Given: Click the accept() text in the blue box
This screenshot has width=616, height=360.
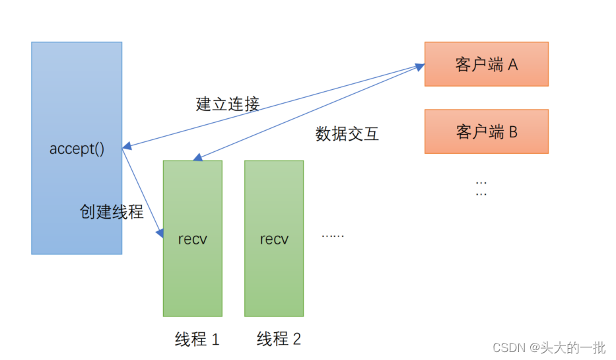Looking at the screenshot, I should (77, 149).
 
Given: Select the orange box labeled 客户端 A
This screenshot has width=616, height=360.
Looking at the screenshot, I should (486, 64).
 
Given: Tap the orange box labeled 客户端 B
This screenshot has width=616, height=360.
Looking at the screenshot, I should (486, 131).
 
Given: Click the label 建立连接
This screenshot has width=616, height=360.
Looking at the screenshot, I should (228, 104).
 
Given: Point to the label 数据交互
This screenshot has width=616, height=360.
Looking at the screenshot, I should (347, 134).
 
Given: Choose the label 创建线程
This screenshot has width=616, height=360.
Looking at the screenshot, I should (112, 212).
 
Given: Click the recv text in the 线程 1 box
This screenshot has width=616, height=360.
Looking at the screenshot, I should (192, 239).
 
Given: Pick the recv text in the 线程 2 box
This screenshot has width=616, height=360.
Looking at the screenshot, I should (274, 239).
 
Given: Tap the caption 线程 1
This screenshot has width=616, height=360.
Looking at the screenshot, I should (197, 340).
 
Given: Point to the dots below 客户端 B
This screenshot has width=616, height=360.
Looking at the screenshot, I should (481, 188).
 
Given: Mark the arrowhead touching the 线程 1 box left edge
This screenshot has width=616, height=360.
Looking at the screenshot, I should (160, 233).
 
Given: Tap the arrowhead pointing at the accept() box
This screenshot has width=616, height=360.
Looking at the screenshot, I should (126, 147).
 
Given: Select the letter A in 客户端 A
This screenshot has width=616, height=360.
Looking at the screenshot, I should (512, 65).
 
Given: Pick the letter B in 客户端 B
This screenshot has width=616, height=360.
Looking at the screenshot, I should (512, 131).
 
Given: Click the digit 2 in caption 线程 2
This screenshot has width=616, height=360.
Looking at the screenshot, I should (296, 340).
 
